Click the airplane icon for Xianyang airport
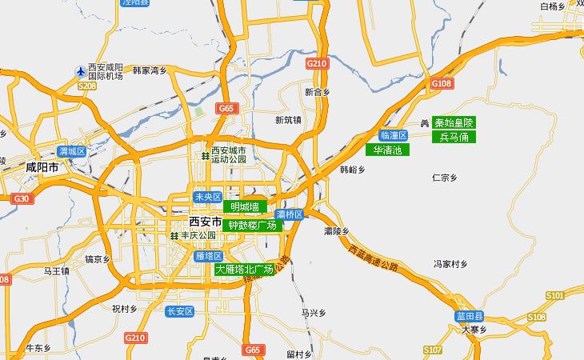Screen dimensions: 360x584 pyautogui.click(x=80, y=71)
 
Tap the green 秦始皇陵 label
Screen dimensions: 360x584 pyautogui.click(x=454, y=123)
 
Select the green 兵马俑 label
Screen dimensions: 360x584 pyautogui.click(x=454, y=138)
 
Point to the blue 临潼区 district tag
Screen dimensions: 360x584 pyautogui.click(x=394, y=135)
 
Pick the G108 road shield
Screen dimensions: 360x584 pyautogui.click(x=442, y=83)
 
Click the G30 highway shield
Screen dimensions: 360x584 pyautogui.click(x=21, y=198)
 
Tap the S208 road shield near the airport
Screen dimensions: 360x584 pyautogui.click(x=87, y=86)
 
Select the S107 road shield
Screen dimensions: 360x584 pyautogui.click(x=433, y=350)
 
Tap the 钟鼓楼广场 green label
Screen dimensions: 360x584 pyautogui.click(x=252, y=226)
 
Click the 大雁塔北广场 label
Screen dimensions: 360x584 pyautogui.click(x=245, y=270)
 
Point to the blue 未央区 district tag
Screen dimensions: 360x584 pyautogui.click(x=207, y=197)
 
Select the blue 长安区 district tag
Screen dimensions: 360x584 pyautogui.click(x=179, y=310)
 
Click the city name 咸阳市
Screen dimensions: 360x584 pyautogui.click(x=42, y=168)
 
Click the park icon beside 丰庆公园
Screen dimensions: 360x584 pyautogui.click(x=174, y=236)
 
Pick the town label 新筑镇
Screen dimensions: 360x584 pyautogui.click(x=288, y=120)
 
